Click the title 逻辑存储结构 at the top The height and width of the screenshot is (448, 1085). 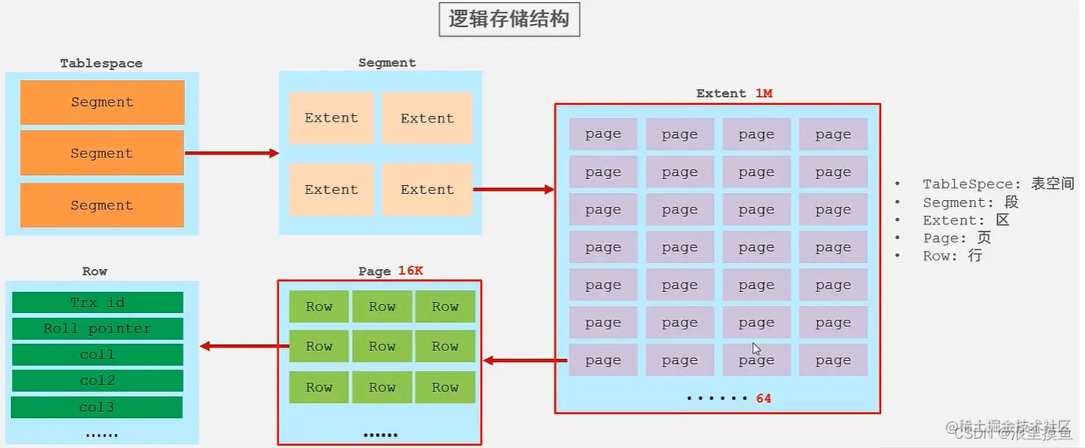(x=508, y=20)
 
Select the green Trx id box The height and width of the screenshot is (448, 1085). (x=97, y=303)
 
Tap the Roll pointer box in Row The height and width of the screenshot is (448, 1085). (x=97, y=329)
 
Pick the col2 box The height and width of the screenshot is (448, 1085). (x=97, y=381)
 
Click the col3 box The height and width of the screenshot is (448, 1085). (x=96, y=407)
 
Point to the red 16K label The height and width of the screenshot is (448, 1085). (x=410, y=271)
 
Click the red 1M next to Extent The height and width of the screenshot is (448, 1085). (x=763, y=93)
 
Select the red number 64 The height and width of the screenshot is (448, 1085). (x=763, y=399)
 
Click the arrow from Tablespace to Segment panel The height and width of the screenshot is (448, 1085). (x=232, y=153)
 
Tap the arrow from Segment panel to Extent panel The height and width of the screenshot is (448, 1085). (x=514, y=189)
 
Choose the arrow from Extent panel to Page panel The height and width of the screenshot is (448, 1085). (x=524, y=360)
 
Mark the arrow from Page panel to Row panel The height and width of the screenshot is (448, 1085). (x=239, y=346)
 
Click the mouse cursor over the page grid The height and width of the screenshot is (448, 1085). (x=756, y=349)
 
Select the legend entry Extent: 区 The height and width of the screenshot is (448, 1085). (x=966, y=220)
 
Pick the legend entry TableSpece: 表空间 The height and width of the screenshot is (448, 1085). (x=997, y=184)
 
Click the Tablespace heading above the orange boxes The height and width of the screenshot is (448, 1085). (x=101, y=64)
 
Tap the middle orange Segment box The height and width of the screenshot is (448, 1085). (x=102, y=154)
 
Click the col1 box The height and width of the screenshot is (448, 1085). (x=97, y=355)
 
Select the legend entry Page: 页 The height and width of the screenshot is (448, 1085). (x=956, y=239)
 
